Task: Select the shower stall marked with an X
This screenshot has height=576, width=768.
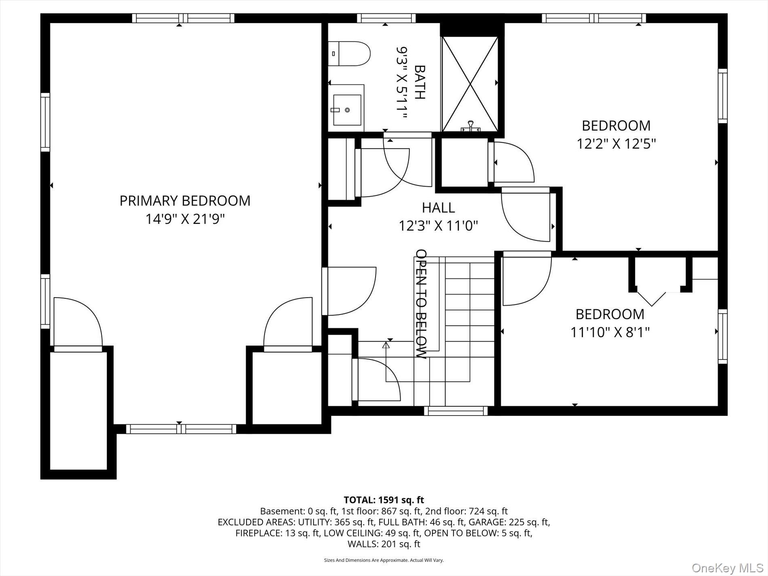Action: coord(470,84)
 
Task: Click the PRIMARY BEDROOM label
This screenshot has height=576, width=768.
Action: coord(185,201)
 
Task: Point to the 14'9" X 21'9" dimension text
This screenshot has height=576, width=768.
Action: coord(185,219)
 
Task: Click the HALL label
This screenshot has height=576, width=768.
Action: coord(439,208)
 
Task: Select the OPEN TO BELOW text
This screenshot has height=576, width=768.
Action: coord(421,304)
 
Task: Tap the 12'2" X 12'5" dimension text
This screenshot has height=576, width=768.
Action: coord(616,143)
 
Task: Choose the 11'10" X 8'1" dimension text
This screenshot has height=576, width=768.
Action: coord(610,332)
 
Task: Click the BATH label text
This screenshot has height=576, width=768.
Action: coord(420,82)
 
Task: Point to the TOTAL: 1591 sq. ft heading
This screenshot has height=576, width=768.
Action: coord(384,500)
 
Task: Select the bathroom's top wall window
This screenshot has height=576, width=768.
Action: coord(386,18)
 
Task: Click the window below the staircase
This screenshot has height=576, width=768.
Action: coord(456,411)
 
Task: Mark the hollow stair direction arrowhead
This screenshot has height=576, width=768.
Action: coord(386,345)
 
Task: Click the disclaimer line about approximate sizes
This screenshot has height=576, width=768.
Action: coord(384,560)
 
